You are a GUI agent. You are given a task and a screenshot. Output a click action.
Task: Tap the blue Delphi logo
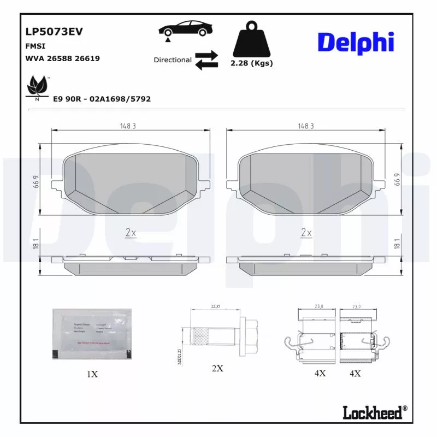tap(356, 42)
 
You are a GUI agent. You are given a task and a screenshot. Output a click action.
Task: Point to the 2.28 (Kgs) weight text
tap(251, 63)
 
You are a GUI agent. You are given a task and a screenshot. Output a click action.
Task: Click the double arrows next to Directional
tap(206, 60)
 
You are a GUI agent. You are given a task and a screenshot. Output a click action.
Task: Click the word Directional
tap(172, 60)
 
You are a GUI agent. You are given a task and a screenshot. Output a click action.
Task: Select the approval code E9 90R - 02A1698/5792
tap(102, 99)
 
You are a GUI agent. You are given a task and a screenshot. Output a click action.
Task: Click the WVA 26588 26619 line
tap(62, 58)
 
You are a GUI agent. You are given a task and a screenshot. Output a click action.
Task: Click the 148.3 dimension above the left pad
tap(128, 126)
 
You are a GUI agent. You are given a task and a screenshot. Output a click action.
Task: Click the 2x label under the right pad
tap(306, 233)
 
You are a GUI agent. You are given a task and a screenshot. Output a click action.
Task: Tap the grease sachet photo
tap(92, 334)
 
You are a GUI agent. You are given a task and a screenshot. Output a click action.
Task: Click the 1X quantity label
tap(92, 374)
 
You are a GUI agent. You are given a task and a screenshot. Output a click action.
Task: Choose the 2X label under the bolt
tap(217, 368)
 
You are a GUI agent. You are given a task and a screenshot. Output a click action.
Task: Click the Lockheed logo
tap(375, 412)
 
